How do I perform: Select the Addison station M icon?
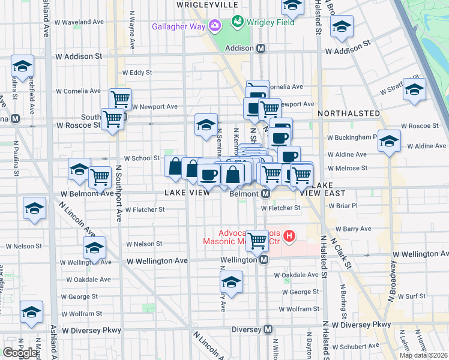tap(261, 48)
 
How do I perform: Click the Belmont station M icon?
tap(265, 194)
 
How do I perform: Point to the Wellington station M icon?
tap(264, 260)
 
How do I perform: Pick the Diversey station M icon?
tap(268, 329)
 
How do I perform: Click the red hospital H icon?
tap(290, 235)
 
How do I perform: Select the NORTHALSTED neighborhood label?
tap(349, 113)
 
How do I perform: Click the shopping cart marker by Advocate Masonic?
tap(258, 241)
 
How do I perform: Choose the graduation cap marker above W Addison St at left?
tap(22, 66)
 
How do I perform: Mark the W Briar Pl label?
tap(344, 205)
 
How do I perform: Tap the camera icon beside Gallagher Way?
tap(215, 26)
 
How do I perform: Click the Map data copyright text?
tap(423, 355)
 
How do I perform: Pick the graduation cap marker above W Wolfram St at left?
tap(31, 311)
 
